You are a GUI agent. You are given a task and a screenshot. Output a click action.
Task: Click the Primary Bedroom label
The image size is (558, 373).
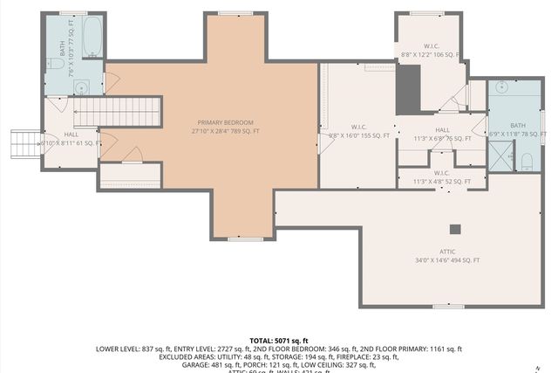[x=226, y=127]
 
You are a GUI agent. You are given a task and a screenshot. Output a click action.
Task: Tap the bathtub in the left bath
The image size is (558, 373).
[x=92, y=38]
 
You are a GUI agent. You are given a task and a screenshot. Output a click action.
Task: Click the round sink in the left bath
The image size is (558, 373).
[x=80, y=86]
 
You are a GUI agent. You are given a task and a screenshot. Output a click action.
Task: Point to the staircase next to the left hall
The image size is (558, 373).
[x=117, y=112]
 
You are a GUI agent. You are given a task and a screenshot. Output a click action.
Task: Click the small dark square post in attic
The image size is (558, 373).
[x=454, y=229]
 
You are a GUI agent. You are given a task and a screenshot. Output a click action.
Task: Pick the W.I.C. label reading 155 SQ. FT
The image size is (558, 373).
[x=357, y=131]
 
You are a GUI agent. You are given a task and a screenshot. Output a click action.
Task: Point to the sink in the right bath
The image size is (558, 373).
[x=503, y=87]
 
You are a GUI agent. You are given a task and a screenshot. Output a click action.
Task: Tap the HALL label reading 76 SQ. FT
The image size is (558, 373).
[x=442, y=134]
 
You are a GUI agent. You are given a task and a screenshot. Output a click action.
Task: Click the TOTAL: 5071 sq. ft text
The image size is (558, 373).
[x=279, y=341]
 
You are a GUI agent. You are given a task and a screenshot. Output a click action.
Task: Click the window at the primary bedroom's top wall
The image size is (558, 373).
[x=230, y=13]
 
